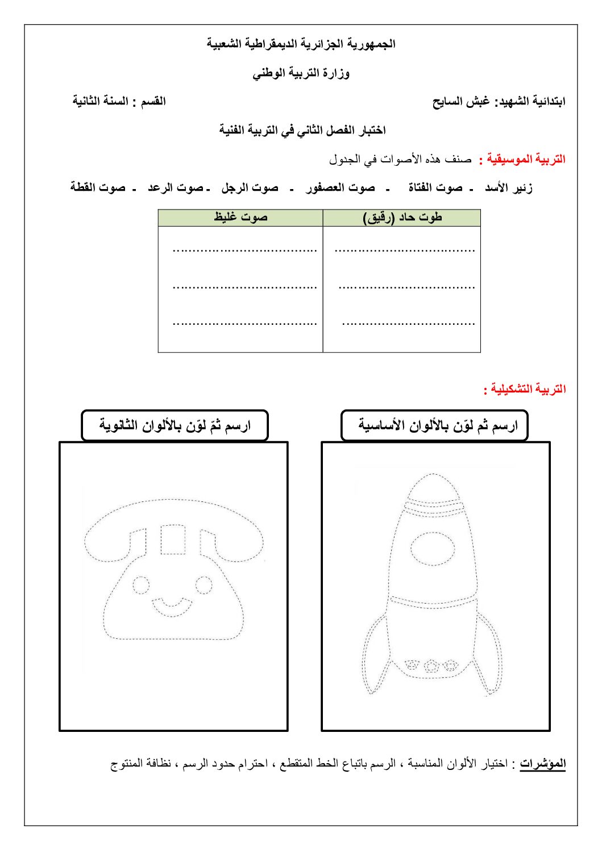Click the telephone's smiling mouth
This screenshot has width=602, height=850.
(x=171, y=606)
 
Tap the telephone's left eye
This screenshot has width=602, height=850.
(x=140, y=584)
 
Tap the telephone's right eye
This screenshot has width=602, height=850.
(x=204, y=584)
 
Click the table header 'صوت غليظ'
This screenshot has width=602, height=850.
(x=240, y=218)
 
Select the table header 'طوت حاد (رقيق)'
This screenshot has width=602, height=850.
(x=402, y=218)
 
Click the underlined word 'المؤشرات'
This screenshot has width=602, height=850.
(x=543, y=764)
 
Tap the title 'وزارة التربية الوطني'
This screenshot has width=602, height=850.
(x=301, y=73)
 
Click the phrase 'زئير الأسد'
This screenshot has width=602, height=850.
(x=509, y=188)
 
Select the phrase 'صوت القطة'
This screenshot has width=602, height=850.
(x=98, y=188)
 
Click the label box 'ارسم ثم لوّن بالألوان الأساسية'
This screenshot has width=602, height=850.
(x=435, y=425)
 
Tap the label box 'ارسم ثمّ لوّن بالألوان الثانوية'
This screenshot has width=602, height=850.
(x=175, y=425)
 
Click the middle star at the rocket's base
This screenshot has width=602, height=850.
(x=431, y=665)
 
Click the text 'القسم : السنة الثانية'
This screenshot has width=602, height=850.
(x=119, y=102)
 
